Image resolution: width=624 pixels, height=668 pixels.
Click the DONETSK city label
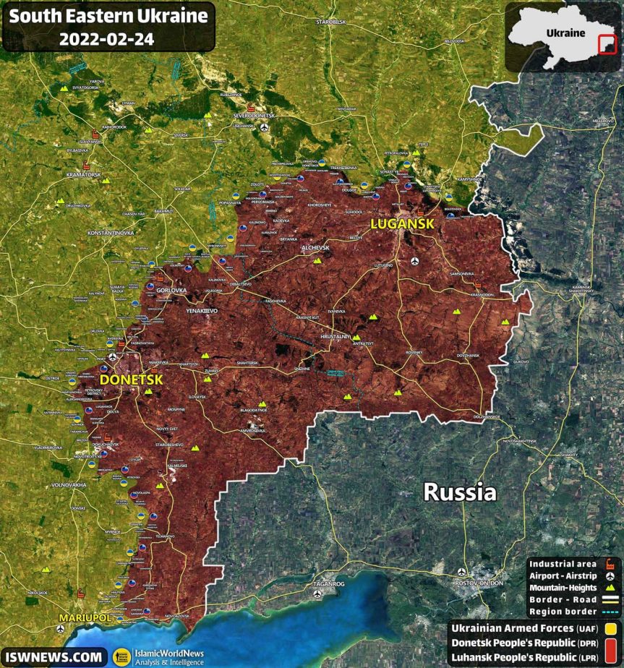pos(130,380)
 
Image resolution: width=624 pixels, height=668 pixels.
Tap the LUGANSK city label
pos(402,224)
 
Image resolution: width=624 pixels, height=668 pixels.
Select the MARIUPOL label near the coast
pos(85,619)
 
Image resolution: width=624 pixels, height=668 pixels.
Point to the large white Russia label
pos(460,493)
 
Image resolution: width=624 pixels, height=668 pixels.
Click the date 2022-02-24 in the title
pos(106,38)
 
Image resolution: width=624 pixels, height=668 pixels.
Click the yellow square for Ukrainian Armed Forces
pos(611,628)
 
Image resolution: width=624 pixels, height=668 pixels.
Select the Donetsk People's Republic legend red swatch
pos(611,643)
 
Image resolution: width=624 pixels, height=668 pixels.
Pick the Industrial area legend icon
pos(611,564)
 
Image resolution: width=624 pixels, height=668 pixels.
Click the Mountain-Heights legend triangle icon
pos(611,588)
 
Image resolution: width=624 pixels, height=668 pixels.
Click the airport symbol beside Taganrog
pos(318,594)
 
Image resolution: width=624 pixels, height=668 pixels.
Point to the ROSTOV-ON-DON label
pos(478,583)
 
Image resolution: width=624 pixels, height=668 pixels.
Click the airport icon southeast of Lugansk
pos(414,261)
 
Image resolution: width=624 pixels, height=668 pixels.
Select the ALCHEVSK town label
pos(315,248)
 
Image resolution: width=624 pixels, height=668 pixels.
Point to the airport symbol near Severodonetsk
pos(264,128)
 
